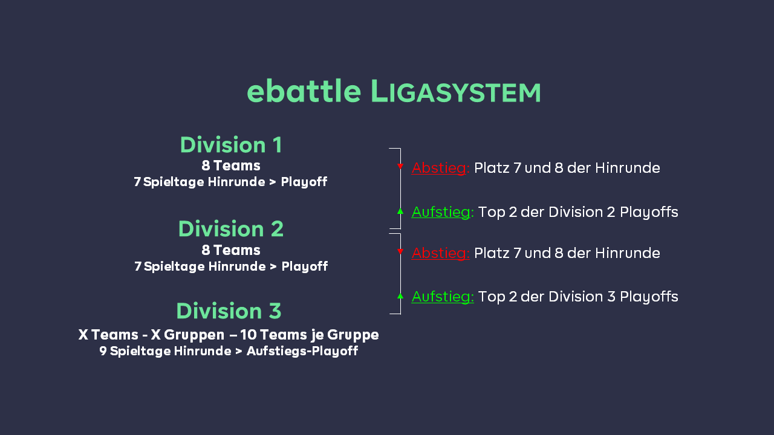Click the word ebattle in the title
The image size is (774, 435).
(x=304, y=91)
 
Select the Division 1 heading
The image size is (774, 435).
(x=231, y=145)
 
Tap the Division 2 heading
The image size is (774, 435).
(x=231, y=229)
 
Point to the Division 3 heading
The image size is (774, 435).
(x=229, y=311)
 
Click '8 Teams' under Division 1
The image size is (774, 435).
(x=231, y=166)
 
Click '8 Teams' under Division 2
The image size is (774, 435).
(x=231, y=250)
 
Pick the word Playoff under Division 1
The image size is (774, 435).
(x=304, y=182)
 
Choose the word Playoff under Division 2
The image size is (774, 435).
(x=304, y=266)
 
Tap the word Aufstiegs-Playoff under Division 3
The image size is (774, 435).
(x=302, y=351)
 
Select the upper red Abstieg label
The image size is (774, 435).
(x=440, y=168)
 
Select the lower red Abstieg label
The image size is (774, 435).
(x=440, y=253)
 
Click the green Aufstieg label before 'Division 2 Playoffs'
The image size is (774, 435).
(x=442, y=212)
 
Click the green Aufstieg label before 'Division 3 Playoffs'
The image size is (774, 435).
(x=442, y=297)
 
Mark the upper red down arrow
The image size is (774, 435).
(x=400, y=166)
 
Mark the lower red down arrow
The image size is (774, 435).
(x=400, y=251)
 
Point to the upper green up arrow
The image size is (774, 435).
(x=400, y=211)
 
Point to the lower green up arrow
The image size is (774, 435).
(x=400, y=295)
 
